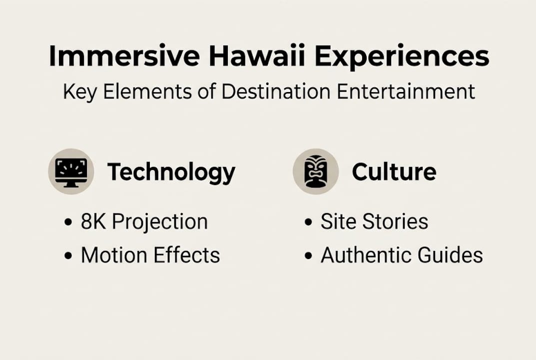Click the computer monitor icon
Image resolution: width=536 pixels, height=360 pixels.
point(71,171)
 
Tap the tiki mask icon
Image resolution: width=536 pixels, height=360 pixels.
point(316,171)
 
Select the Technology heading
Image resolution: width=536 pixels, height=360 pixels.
point(171,172)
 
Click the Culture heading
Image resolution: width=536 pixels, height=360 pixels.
point(394,172)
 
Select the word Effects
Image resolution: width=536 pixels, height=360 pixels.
point(187,255)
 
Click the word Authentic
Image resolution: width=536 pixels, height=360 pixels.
point(370,255)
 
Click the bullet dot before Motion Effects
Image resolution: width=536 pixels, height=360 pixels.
point(68,256)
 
